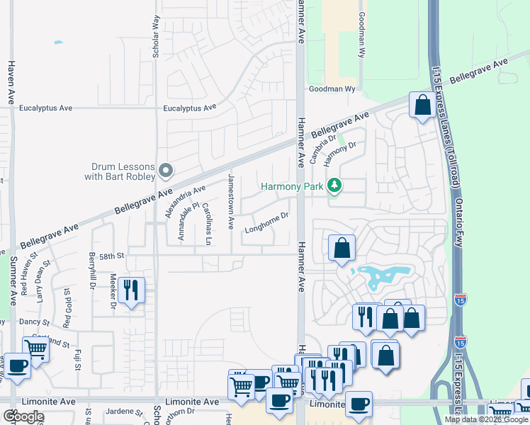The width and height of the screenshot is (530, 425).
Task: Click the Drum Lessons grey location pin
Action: pos(166,169)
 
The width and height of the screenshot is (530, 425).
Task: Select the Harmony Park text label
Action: pos(292,187)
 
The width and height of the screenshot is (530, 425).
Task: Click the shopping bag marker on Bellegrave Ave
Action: pos(422,106)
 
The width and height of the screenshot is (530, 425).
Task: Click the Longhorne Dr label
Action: pos(266,223)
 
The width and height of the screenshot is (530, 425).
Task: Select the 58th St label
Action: pos(111,255)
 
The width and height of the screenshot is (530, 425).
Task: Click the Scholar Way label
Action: pos(156,32)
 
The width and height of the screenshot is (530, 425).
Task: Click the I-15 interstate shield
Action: pos(461,301)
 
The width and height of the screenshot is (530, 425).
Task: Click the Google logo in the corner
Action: pos(23,416)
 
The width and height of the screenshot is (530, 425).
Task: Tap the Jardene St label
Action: pos(124,412)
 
